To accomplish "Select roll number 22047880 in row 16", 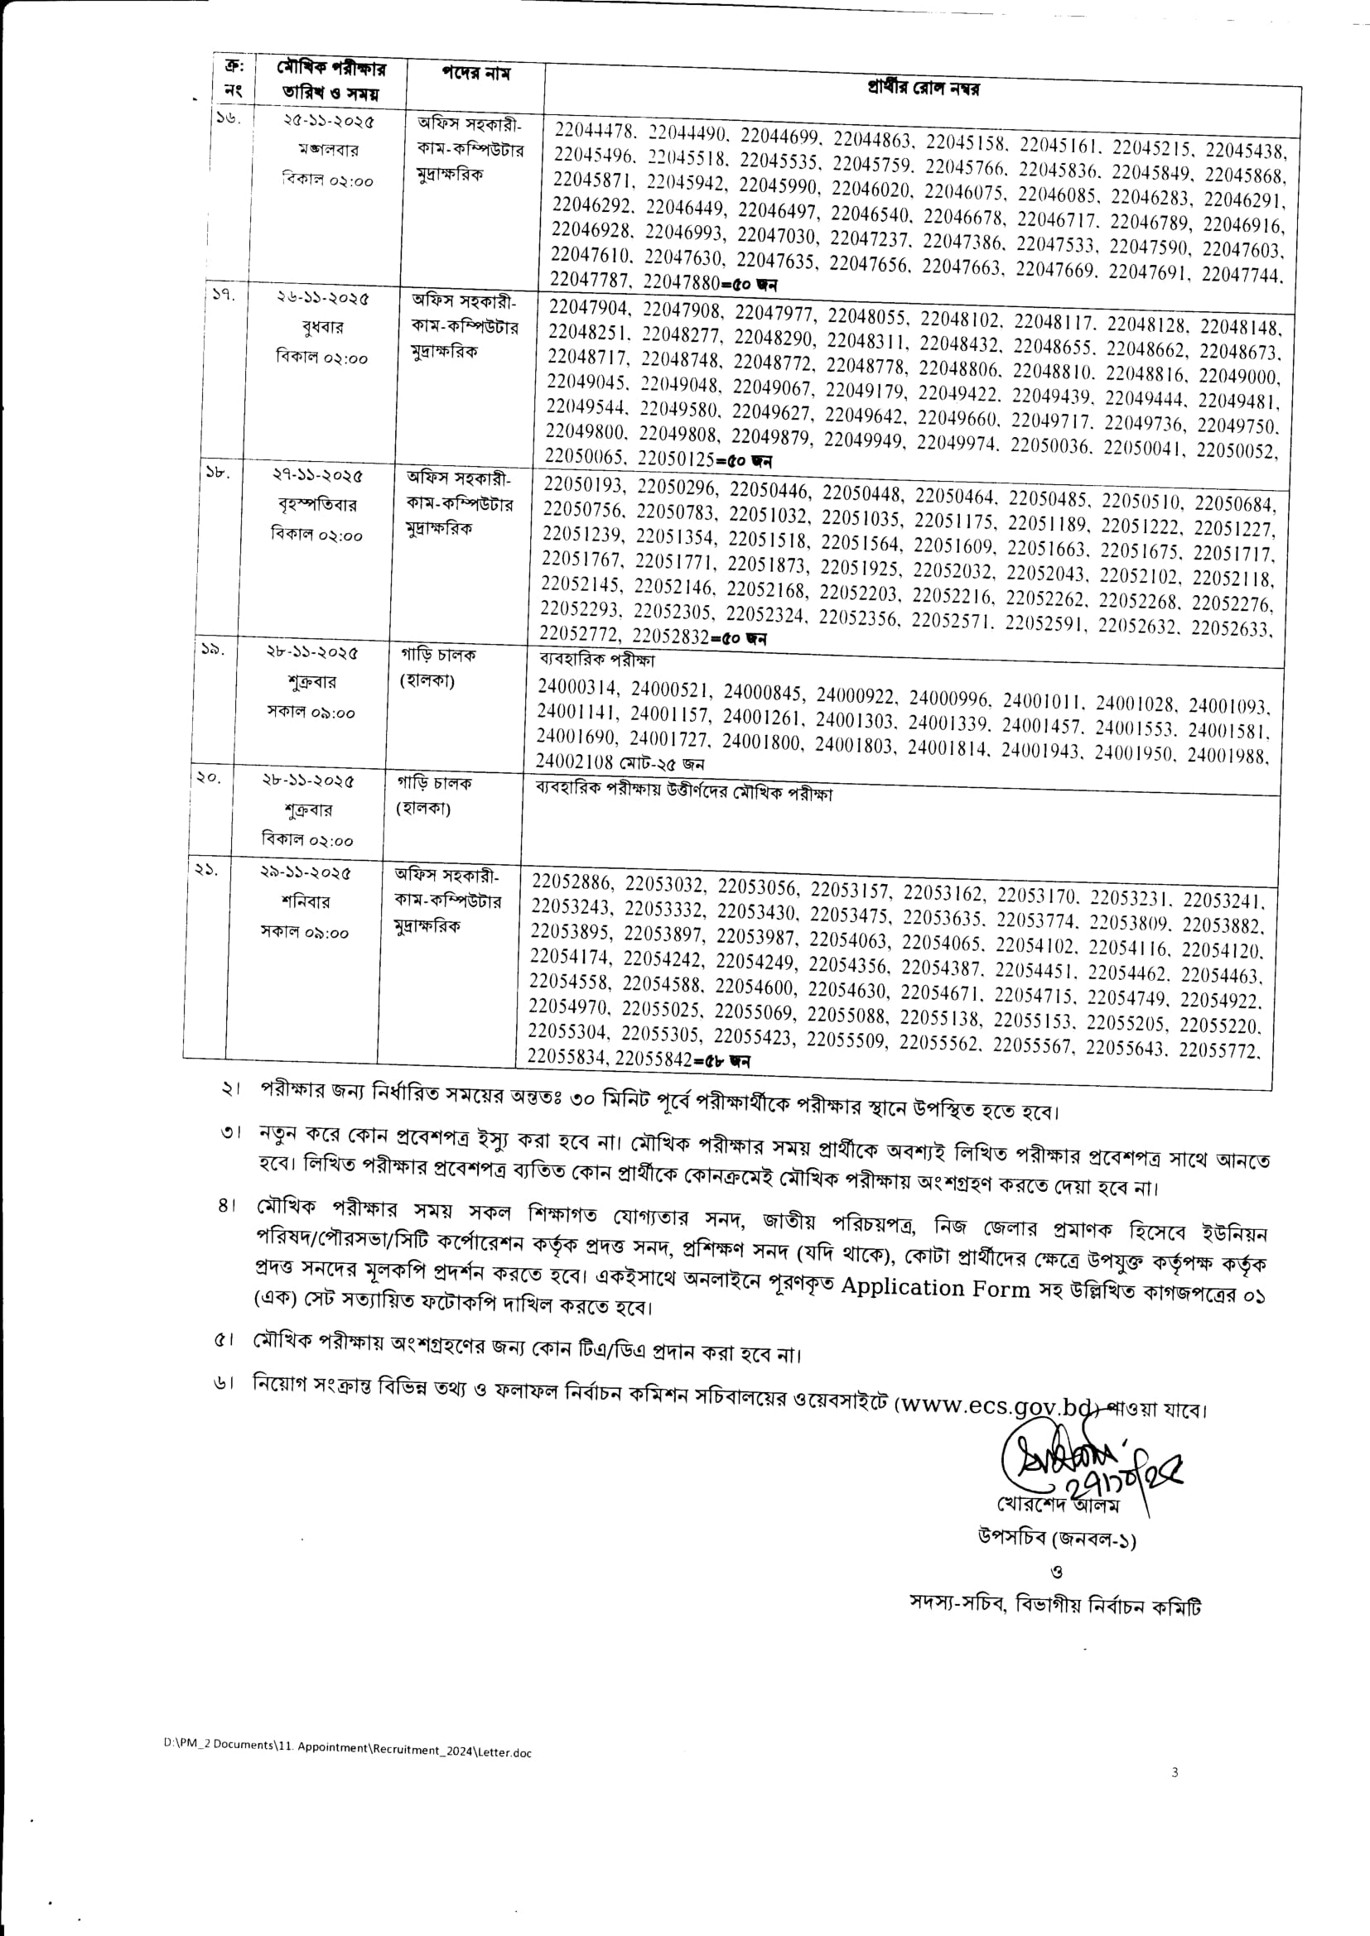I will (681, 281).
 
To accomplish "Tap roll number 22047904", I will (587, 308).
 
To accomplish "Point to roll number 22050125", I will (676, 459).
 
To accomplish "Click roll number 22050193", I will (584, 485).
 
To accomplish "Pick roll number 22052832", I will (671, 637).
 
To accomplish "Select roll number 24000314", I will (578, 688).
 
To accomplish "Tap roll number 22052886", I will (572, 882).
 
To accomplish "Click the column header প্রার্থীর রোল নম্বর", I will (923, 87).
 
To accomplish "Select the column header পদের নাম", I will (475, 74).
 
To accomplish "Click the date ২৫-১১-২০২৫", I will (329, 122).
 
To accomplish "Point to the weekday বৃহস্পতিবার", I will (317, 505).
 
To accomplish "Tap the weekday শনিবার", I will (306, 901).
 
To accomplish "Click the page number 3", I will (1175, 1772).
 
